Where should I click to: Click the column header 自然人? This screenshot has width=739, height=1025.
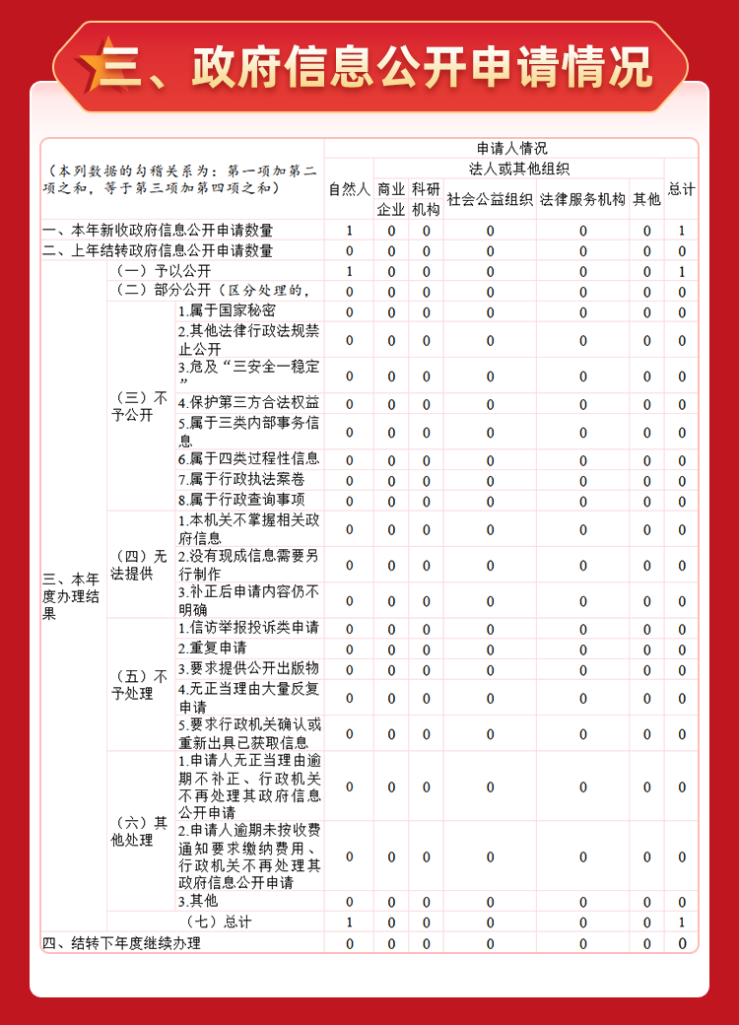[x=349, y=188]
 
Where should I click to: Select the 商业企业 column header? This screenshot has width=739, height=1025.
[x=391, y=198]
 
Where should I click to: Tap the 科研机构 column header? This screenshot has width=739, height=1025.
[x=426, y=198]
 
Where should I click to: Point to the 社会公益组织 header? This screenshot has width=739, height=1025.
[x=490, y=199]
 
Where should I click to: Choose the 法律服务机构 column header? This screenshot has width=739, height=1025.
[x=582, y=199]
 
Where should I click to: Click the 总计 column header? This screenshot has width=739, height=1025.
[x=681, y=188]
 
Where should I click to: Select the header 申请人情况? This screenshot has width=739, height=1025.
[x=510, y=148]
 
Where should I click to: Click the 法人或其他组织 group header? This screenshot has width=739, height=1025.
[x=518, y=169]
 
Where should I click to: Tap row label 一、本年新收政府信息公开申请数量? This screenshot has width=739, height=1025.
[x=158, y=231]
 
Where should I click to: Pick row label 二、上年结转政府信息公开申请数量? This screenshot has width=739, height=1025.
[x=158, y=251]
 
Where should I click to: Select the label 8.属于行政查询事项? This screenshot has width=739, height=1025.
[x=241, y=500]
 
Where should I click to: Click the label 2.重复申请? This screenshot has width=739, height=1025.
[x=213, y=649]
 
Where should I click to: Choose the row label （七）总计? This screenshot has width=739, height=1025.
[x=219, y=922]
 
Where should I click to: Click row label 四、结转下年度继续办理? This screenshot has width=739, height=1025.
[x=121, y=943]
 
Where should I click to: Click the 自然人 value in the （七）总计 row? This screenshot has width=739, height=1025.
[x=349, y=922]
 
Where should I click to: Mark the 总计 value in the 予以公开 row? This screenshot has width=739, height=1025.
[x=681, y=271]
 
